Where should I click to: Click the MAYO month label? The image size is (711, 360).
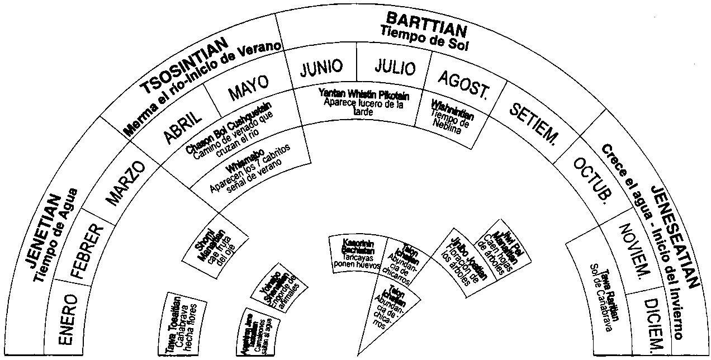pyautogui.click(x=248, y=88)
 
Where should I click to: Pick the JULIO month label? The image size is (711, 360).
pyautogui.click(x=395, y=67)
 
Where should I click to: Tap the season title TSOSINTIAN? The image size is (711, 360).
pyautogui.click(x=187, y=66)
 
